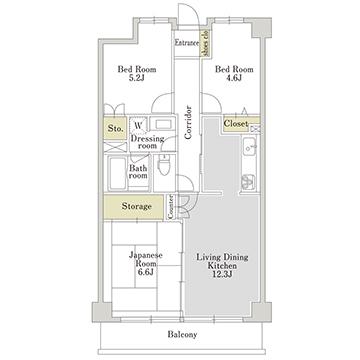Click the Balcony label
[182, 334]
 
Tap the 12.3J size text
[222, 275]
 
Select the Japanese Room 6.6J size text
[146, 272]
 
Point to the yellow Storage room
[135, 207]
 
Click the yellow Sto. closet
[115, 128]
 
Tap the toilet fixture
[163, 165]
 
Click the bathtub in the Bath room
[117, 173]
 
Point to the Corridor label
[188, 122]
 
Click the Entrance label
[187, 43]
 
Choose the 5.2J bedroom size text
[137, 78]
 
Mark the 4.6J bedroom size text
[234, 78]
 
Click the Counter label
[170, 207]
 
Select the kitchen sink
[249, 147]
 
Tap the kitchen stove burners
[248, 182]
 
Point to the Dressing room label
[147, 142]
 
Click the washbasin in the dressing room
[163, 124]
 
